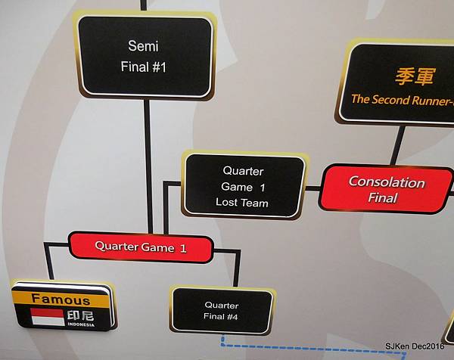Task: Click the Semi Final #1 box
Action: pyautogui.click(x=144, y=57)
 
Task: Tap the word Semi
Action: pyautogui.click(x=144, y=45)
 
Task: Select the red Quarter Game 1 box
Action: pyautogui.click(x=141, y=247)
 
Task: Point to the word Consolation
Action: pyautogui.click(x=387, y=182)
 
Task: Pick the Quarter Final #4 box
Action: pyautogui.click(x=221, y=310)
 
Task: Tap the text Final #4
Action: pyautogui.click(x=221, y=317)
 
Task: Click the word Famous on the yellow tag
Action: pyautogui.click(x=61, y=299)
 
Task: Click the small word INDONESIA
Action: pyautogui.click(x=80, y=325)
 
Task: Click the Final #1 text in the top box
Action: pyautogui.click(x=144, y=67)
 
